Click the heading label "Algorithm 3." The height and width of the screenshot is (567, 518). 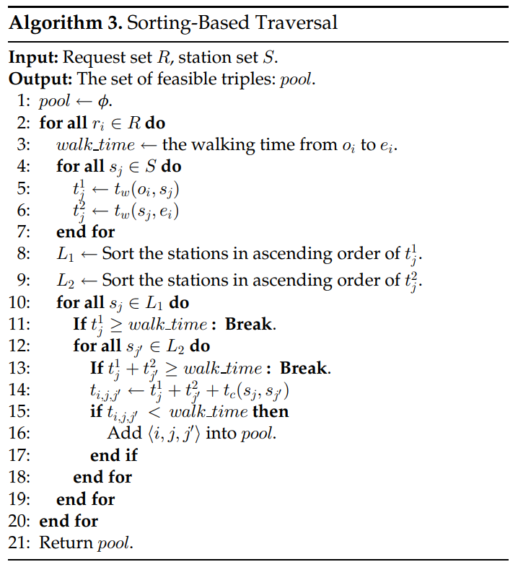65,22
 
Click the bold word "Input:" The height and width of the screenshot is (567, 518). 35,58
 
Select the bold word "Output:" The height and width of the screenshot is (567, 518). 40,79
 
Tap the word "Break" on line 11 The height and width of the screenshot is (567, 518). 248,324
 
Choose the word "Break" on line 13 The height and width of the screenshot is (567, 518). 303,369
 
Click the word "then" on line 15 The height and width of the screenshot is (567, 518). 270,412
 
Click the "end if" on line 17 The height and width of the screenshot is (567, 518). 113,455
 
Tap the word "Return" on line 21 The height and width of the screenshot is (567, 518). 66,542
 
